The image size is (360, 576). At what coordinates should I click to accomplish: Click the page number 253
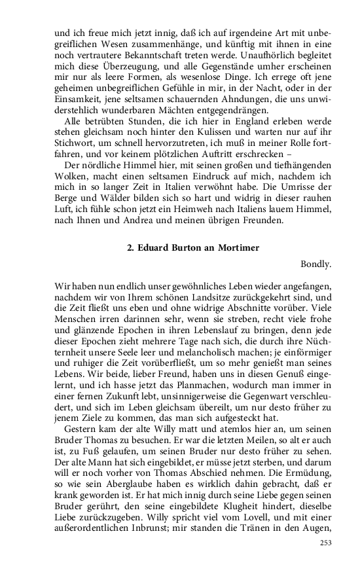pos(325,543)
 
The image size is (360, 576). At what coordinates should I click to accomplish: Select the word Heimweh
pos(205,209)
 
